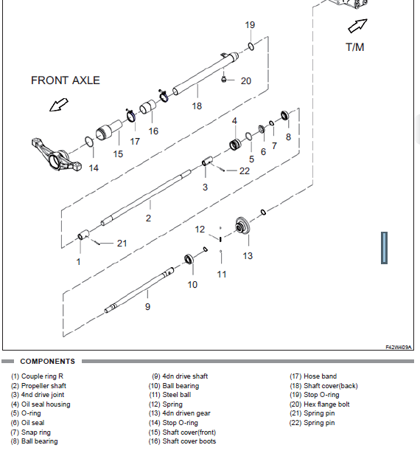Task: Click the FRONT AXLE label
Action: (66, 80)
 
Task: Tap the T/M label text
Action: (354, 47)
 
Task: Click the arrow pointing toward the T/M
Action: (357, 26)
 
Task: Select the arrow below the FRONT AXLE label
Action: (59, 106)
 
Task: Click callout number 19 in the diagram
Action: (250, 25)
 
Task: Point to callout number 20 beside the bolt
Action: (246, 81)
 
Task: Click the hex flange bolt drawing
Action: (223, 79)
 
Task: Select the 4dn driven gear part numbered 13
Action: (242, 226)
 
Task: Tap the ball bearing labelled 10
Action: (189, 259)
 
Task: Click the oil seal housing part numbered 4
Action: (235, 144)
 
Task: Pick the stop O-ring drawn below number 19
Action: (251, 46)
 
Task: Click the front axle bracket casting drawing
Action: (56, 154)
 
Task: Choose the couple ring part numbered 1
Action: (83, 235)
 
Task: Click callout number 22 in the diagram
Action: (245, 171)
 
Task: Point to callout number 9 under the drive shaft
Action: (147, 307)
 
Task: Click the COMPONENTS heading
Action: (48, 361)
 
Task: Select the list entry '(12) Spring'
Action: (166, 404)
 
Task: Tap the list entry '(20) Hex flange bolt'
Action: (319, 404)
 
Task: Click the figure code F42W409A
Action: (398, 348)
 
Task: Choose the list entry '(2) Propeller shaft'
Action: (38, 386)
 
